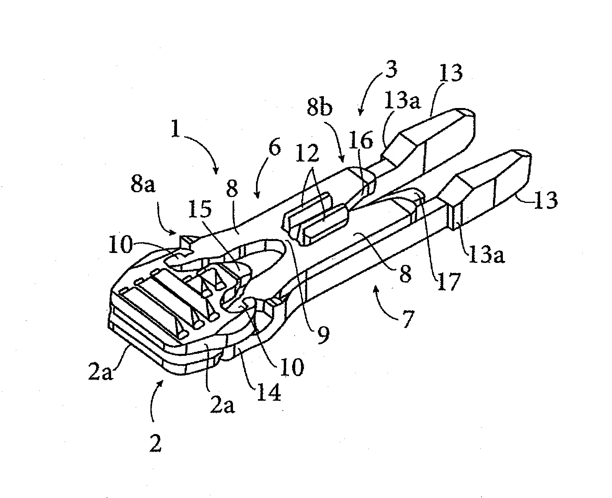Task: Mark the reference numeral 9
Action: coord(323,335)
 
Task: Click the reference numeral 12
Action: coord(308,152)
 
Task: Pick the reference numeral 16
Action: coord(361,140)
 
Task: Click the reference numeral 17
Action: coord(448,281)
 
